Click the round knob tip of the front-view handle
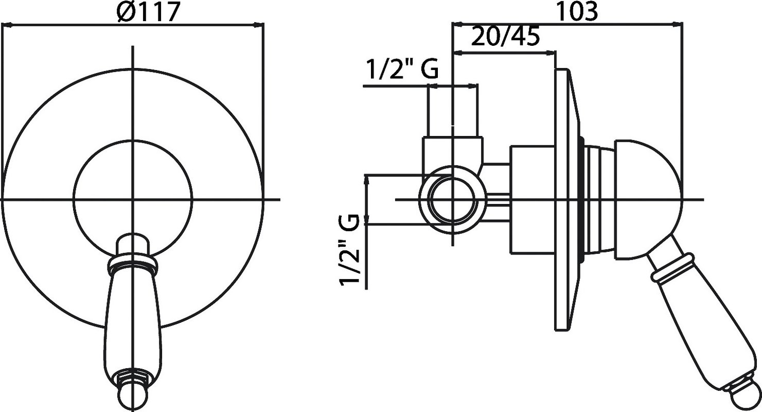(133, 399)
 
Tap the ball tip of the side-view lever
(747, 397)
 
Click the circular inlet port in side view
(452, 200)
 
